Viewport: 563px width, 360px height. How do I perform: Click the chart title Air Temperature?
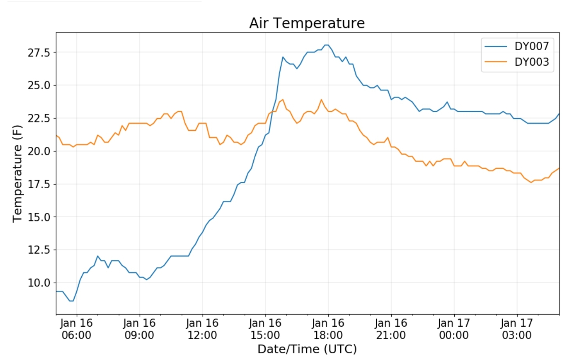pos(307,23)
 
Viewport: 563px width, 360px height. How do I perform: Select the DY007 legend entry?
pos(531,46)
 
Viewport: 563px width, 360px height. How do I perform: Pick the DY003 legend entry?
pos(531,62)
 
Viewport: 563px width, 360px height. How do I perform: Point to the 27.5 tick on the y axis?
pos(39,52)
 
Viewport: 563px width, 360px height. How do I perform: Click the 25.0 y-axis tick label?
pos(39,85)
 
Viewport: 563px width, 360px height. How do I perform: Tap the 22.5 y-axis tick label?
pos(39,118)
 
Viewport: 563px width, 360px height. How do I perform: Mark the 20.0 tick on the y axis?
pos(39,151)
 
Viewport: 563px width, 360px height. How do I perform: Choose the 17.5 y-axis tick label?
pos(39,184)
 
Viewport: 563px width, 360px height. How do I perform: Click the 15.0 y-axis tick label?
pos(39,217)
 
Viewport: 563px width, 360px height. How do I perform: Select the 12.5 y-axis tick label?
pos(39,250)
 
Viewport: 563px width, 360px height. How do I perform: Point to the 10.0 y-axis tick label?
pos(39,283)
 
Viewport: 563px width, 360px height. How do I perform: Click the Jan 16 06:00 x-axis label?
pos(76,329)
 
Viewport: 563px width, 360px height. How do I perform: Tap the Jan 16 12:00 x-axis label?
pos(202,329)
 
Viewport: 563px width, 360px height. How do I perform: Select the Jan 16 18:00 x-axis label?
pos(328,329)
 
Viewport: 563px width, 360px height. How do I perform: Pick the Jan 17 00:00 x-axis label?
pos(454,329)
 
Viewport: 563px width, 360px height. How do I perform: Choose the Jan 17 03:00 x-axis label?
pos(517,329)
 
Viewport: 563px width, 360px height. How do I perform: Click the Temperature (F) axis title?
pos(17,173)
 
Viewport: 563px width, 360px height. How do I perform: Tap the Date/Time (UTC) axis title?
pos(307,349)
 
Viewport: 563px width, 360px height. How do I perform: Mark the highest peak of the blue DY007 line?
pos(326,45)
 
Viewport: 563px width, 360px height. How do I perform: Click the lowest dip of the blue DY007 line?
pos(71,301)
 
